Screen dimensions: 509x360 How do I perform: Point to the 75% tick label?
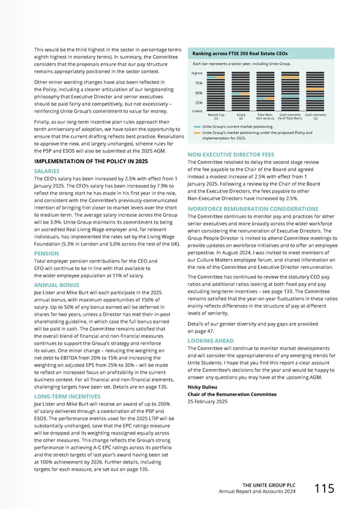pyautogui.click(x=199, y=83)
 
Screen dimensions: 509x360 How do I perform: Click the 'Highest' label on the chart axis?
pyautogui.click(x=197, y=73)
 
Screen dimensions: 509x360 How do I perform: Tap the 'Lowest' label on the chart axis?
pyautogui.click(x=197, y=110)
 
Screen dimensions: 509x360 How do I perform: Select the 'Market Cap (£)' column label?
pyautogui.click(x=216, y=116)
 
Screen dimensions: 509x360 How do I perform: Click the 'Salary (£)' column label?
pyautogui.click(x=241, y=116)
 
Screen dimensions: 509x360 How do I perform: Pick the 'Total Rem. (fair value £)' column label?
pyautogui.click(x=265, y=116)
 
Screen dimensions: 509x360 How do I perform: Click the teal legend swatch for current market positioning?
pyautogui.click(x=197, y=127)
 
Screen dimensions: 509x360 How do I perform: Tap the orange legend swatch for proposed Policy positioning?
pyautogui.click(x=197, y=133)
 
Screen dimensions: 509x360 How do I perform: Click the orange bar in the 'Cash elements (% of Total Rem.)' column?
pyautogui.click(x=290, y=77)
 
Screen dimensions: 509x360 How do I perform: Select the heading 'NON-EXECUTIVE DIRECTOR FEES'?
pyautogui.click(x=231, y=154)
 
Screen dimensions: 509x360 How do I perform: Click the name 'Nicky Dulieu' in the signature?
pyautogui.click(x=203, y=387)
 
